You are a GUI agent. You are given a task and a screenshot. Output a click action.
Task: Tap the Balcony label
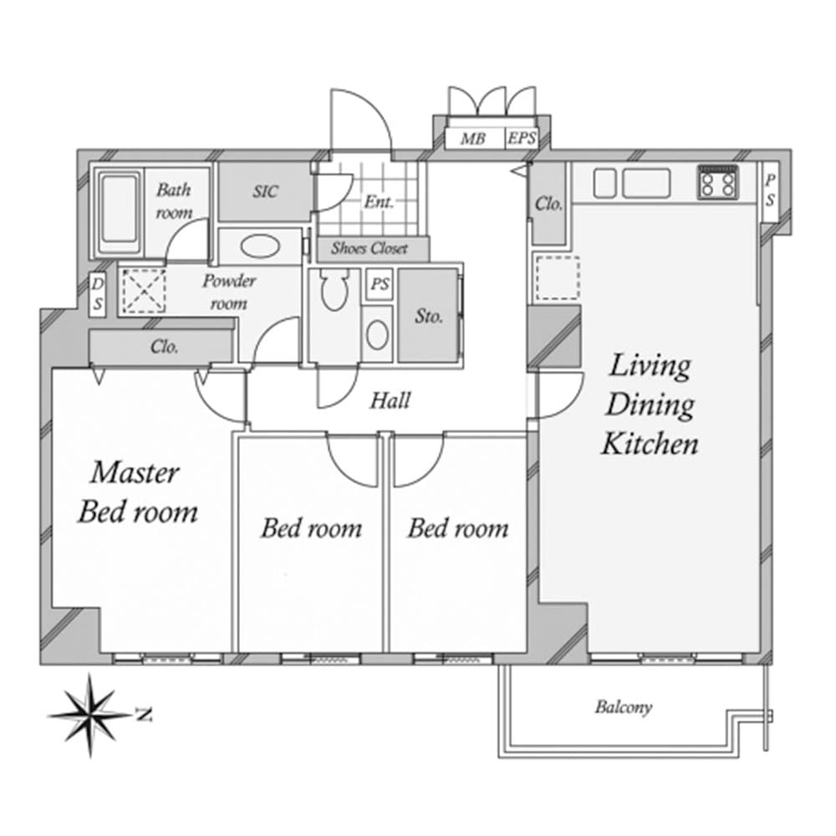pos(623,707)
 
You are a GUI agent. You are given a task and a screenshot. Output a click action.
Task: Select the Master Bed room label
pos(137,492)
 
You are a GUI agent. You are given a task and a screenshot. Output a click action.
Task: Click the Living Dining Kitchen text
pos(650,405)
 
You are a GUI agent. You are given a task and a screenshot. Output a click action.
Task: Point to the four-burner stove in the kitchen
pos(717,181)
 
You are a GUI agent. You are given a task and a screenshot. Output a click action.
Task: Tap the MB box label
pos(472,139)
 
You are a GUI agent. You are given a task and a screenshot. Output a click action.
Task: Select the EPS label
pos(522,139)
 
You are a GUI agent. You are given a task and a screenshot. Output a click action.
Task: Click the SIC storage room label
pos(265,191)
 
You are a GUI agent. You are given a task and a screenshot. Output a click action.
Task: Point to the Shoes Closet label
pos(370,248)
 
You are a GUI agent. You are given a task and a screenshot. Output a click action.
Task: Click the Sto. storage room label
pos(428,316)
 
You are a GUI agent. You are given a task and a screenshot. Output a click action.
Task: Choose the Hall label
pos(390,400)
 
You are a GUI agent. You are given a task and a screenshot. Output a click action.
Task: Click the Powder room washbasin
pos(260,247)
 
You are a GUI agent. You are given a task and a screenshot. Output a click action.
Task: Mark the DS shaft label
pos(98,294)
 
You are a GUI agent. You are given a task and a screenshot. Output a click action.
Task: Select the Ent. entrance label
pos(378,201)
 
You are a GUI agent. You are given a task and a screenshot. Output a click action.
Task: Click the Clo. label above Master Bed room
pos(164,346)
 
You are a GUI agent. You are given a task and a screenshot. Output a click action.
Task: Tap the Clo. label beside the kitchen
pos(548,203)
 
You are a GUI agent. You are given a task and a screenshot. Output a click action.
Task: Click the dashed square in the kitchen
pos(556,278)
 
